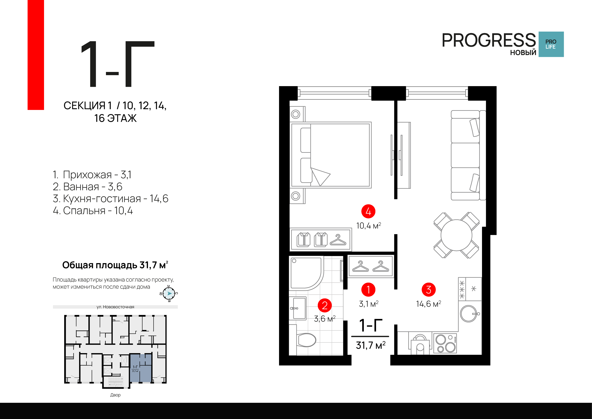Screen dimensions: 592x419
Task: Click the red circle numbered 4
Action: [368, 211]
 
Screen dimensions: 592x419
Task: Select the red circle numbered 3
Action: [429, 290]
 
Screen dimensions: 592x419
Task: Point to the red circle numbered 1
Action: [368, 290]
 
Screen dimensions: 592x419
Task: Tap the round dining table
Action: [456, 235]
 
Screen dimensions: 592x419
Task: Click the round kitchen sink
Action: [469, 314]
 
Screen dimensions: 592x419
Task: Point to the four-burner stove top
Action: [445, 343]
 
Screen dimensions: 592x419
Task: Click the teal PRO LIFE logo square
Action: [551, 44]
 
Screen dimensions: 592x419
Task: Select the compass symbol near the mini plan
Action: [169, 294]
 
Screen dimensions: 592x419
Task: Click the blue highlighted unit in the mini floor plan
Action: [141, 368]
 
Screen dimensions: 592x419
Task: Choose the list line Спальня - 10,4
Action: [93, 211]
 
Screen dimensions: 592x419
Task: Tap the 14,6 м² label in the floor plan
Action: [429, 304]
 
